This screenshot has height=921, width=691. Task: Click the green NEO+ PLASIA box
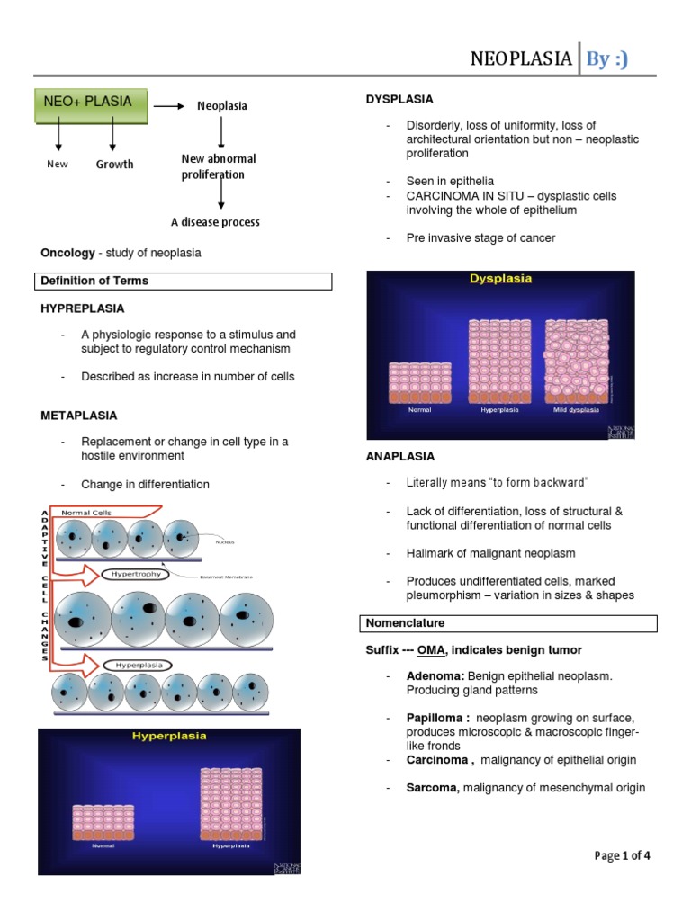coord(93,103)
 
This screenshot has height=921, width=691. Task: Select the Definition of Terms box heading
coord(94,281)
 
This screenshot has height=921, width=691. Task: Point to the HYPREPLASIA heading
coord(83,308)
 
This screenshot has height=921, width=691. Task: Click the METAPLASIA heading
coord(79,416)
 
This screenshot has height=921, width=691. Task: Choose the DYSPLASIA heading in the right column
coord(399,99)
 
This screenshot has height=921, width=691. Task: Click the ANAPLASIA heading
coord(400,456)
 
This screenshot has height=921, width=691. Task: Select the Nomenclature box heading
coord(405,622)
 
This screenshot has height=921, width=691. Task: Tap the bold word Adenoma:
coord(433,675)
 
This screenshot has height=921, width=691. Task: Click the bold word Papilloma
coord(436,718)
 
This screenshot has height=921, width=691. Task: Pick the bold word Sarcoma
coord(433,788)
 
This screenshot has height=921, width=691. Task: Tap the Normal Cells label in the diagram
coord(89,512)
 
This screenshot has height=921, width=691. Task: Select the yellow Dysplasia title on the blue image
coord(500,279)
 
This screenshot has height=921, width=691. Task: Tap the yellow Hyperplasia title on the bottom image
coord(169,736)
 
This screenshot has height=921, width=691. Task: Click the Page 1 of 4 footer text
coord(622,855)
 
